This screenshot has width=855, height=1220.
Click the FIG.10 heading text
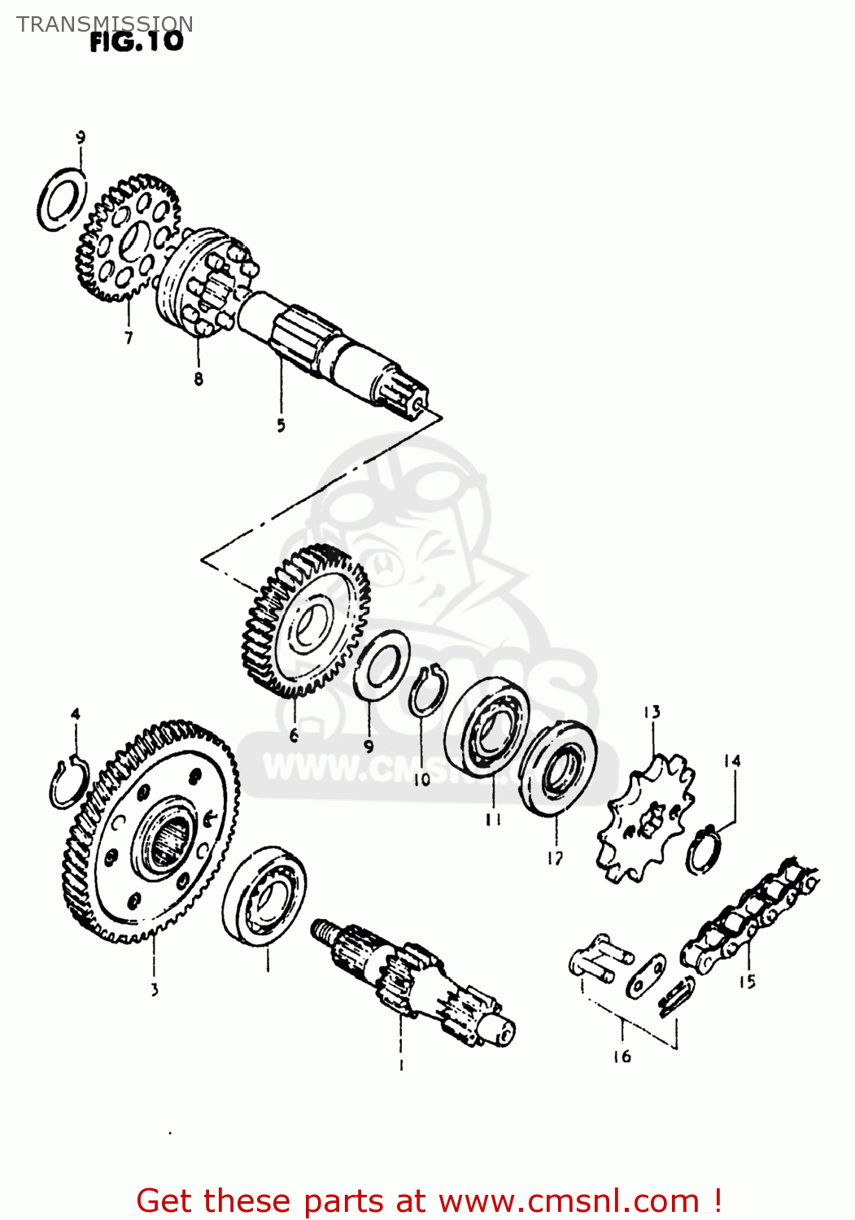pos(137,41)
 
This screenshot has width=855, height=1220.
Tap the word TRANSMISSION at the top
pos(105,24)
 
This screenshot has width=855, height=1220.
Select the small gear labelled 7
pos(128,237)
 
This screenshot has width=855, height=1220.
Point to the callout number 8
pos(198,379)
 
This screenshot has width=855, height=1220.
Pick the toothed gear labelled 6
pos(307,621)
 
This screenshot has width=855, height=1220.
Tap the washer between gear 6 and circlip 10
pos(381,664)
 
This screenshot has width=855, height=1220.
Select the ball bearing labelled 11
pos(487,727)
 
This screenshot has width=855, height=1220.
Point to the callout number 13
pos(652,712)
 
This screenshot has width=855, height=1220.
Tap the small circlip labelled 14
pos(705,850)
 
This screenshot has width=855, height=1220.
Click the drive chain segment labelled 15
pos(748,915)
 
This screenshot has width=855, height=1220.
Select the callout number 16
pos(622,1057)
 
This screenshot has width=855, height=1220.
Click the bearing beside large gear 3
pos(264,895)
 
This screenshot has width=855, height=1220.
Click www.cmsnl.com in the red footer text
pos(569,1200)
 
